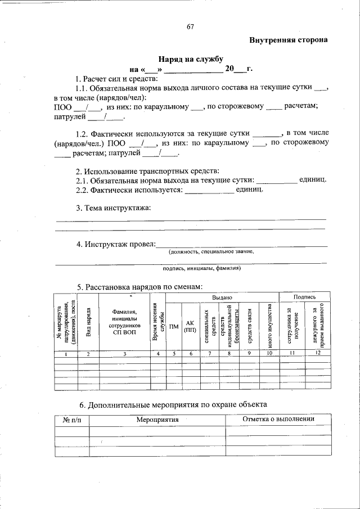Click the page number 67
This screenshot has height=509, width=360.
(190, 28)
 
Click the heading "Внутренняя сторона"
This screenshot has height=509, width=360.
(288, 40)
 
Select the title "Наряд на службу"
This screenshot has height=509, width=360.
(191, 59)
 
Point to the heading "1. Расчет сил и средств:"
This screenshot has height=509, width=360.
(117, 79)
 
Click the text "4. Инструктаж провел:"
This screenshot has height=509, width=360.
(115, 244)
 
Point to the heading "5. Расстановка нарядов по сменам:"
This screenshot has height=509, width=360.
(139, 287)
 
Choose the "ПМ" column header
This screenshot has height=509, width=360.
(174, 326)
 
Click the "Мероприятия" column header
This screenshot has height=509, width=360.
(157, 420)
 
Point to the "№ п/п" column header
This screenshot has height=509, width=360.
(72, 420)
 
